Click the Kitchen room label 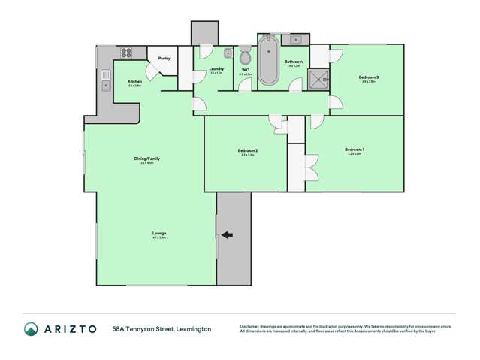(134, 81)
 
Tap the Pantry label (164, 58)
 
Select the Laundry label (216, 68)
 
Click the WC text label (245, 70)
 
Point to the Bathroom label (293, 61)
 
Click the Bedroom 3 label (367, 77)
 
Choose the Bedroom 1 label (355, 150)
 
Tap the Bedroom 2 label (248, 151)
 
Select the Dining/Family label (146, 159)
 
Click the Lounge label (158, 234)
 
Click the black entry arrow (227, 235)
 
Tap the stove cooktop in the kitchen (125, 53)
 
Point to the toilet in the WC (245, 56)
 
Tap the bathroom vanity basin (295, 38)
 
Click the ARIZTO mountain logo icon (31, 328)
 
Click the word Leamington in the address (192, 329)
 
